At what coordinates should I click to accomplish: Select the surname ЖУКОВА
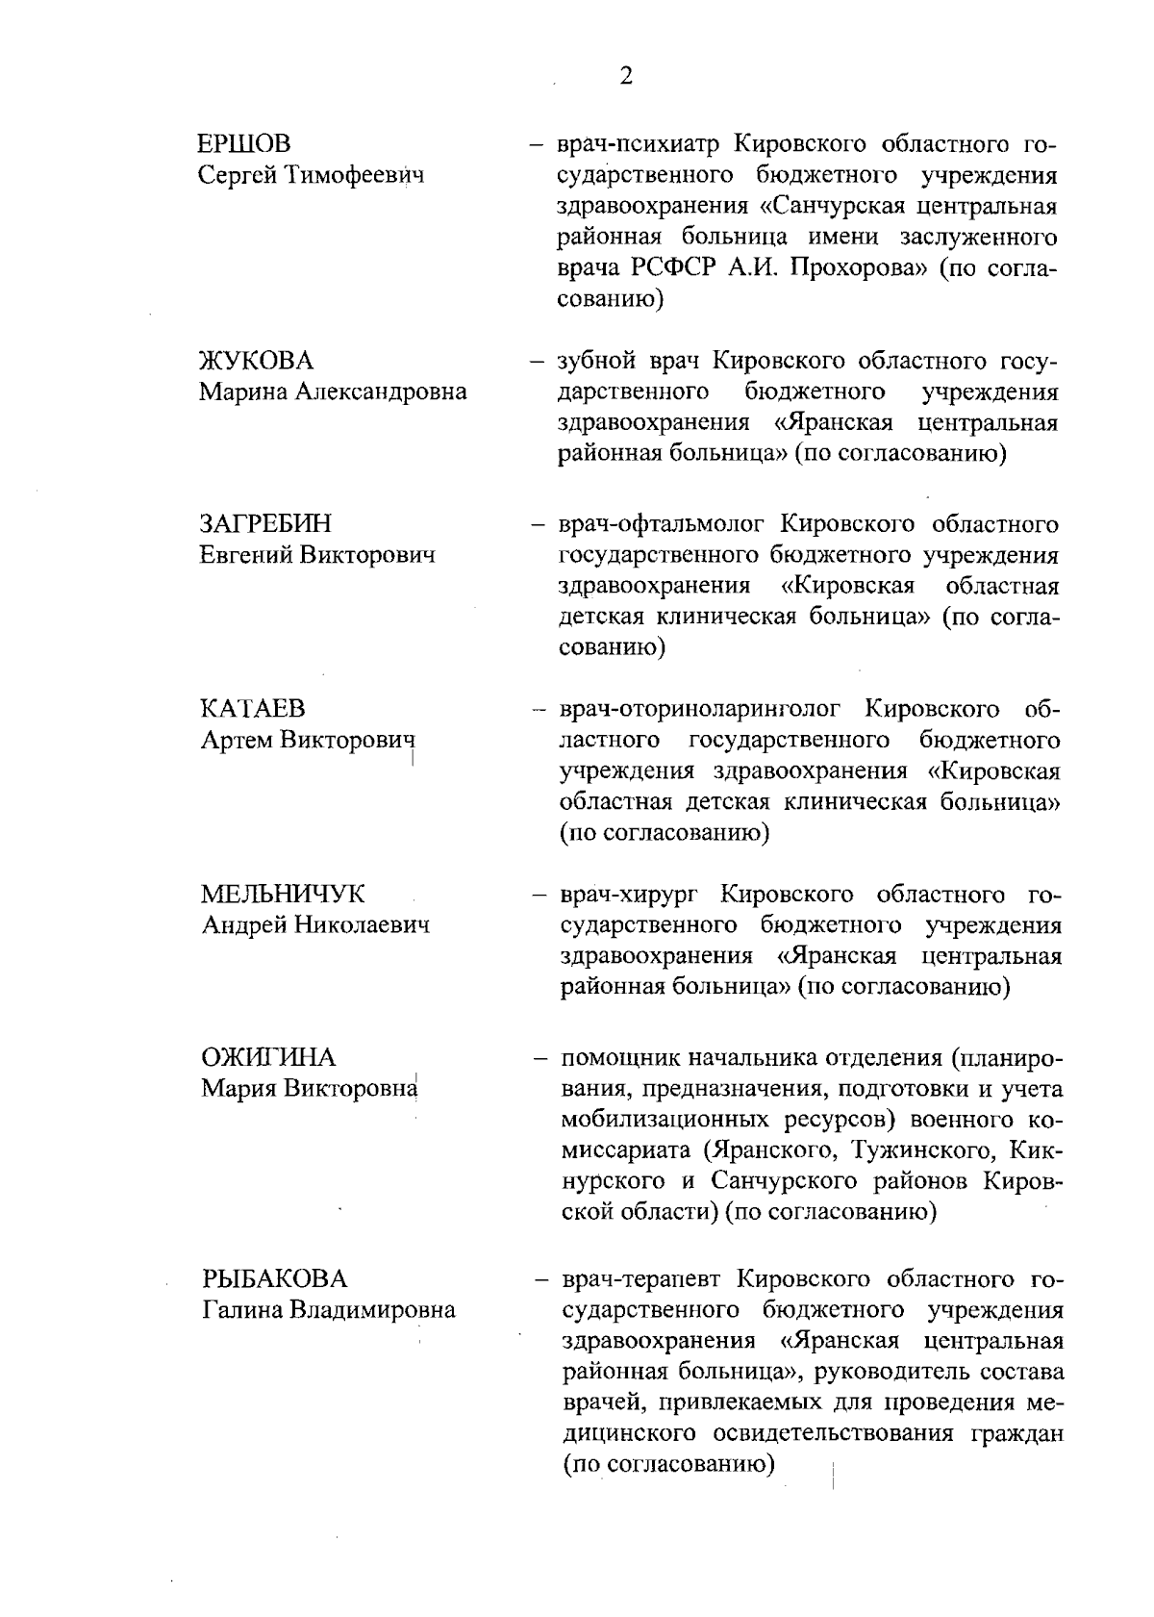pos(255,361)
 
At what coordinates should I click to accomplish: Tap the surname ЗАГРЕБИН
pos(264,524)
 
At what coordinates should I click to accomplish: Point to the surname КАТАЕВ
pos(253,709)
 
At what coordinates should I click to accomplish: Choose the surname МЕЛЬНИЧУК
pos(283,894)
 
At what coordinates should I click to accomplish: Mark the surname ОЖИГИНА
pos(268,1058)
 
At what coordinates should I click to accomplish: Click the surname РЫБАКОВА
pos(274,1279)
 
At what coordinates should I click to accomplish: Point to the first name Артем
pos(237,741)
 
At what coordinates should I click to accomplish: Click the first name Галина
pos(243,1310)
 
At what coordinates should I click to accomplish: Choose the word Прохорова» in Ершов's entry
pos(858,268)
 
